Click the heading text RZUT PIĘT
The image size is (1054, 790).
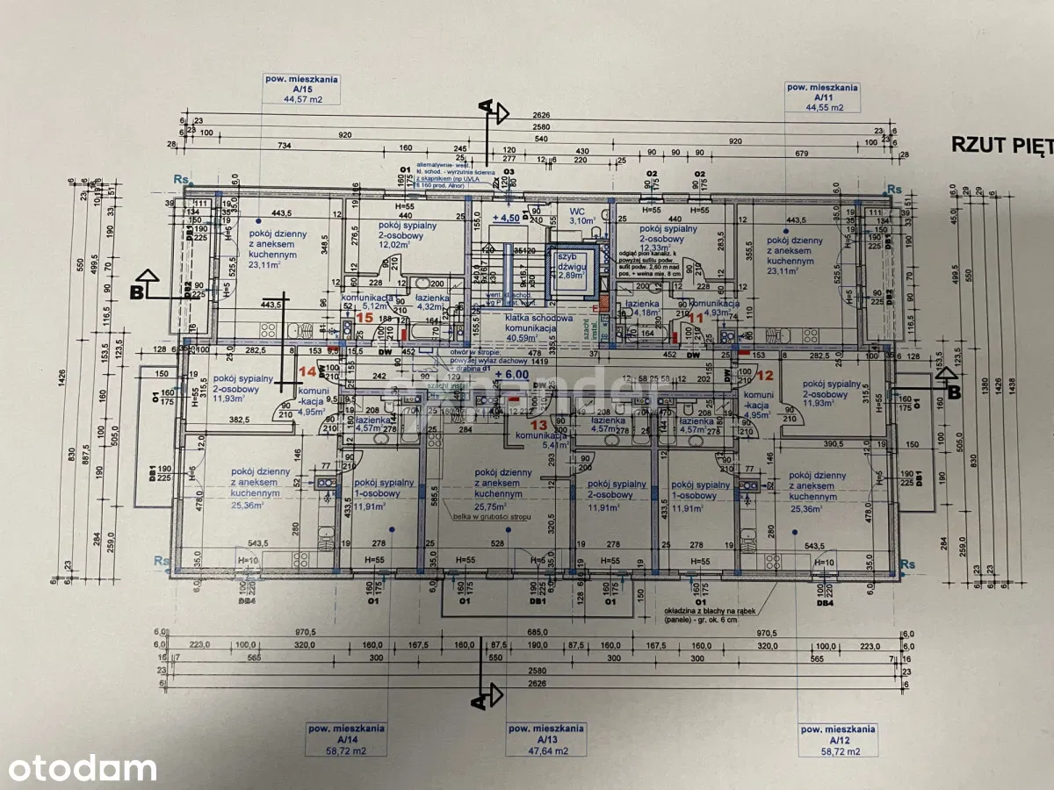coord(1002,145)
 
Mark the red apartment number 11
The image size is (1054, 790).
coord(696,318)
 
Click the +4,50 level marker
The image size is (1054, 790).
coord(507,218)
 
